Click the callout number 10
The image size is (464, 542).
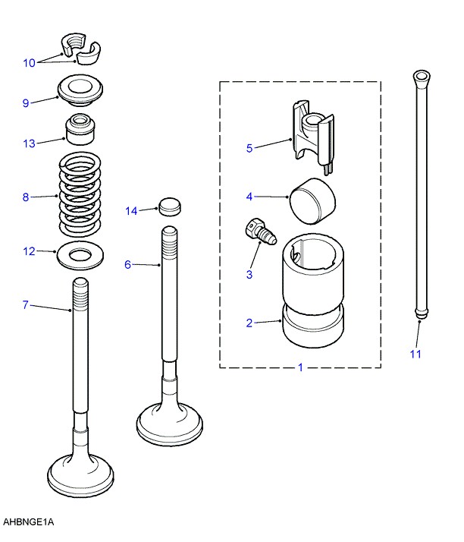click(x=29, y=63)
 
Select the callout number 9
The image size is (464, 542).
click(x=26, y=102)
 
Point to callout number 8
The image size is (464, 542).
click(x=26, y=198)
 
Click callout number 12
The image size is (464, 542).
click(x=29, y=251)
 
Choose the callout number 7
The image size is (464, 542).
click(x=26, y=305)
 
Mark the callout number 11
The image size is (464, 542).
click(x=415, y=354)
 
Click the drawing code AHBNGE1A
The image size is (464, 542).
click(x=29, y=522)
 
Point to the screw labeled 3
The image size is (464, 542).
click(x=259, y=232)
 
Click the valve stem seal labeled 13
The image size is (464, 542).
click(x=80, y=130)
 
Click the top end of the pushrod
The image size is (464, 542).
click(x=421, y=78)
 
